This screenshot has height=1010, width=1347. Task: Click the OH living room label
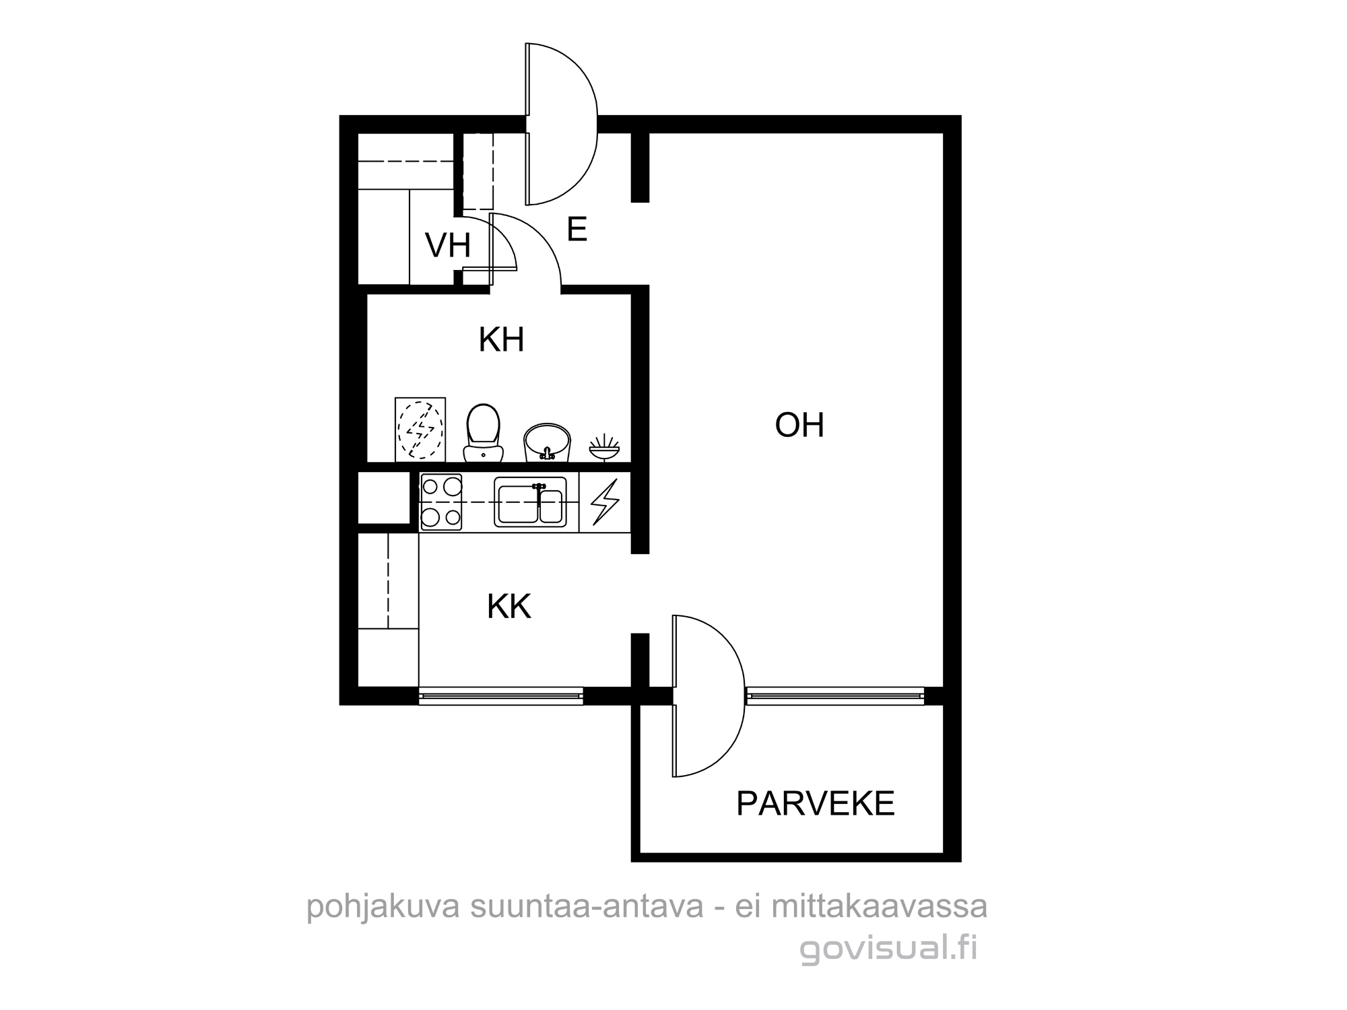(x=799, y=425)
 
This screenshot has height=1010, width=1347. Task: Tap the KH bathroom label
(x=501, y=340)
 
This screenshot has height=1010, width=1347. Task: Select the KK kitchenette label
(x=509, y=607)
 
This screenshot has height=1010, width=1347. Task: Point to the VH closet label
(x=448, y=245)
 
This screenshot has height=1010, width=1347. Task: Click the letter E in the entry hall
(x=577, y=230)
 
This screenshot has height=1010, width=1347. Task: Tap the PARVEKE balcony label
(x=816, y=803)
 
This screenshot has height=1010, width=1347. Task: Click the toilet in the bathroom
(x=483, y=433)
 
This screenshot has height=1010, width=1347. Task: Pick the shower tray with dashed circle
(x=420, y=430)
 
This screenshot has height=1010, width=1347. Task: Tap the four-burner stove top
(x=441, y=502)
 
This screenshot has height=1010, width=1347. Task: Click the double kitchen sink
(x=530, y=502)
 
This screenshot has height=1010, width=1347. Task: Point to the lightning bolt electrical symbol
(x=604, y=502)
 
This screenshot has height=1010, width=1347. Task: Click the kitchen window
(x=500, y=696)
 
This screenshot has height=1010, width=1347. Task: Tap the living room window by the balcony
(x=835, y=696)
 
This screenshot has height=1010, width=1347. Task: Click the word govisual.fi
(x=888, y=949)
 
